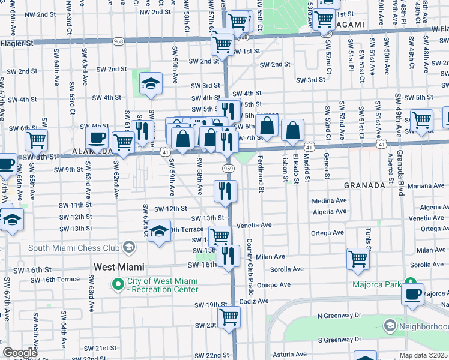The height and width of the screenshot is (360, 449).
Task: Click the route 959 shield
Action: point(228,169)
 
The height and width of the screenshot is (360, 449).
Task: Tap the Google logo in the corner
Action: point(20,353)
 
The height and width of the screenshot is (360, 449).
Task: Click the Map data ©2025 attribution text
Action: point(423,355)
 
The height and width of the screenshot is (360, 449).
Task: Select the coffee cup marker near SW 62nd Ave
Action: point(96,139)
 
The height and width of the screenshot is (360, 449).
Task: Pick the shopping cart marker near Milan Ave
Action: point(358,259)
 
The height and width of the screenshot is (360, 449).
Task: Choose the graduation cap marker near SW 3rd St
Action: point(151,84)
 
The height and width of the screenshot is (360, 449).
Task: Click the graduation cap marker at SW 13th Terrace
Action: point(159,231)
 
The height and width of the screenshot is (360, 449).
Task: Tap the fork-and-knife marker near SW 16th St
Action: point(228,256)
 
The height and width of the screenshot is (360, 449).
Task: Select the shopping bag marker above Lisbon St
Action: point(292,130)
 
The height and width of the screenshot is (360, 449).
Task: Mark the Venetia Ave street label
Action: point(254,225)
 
